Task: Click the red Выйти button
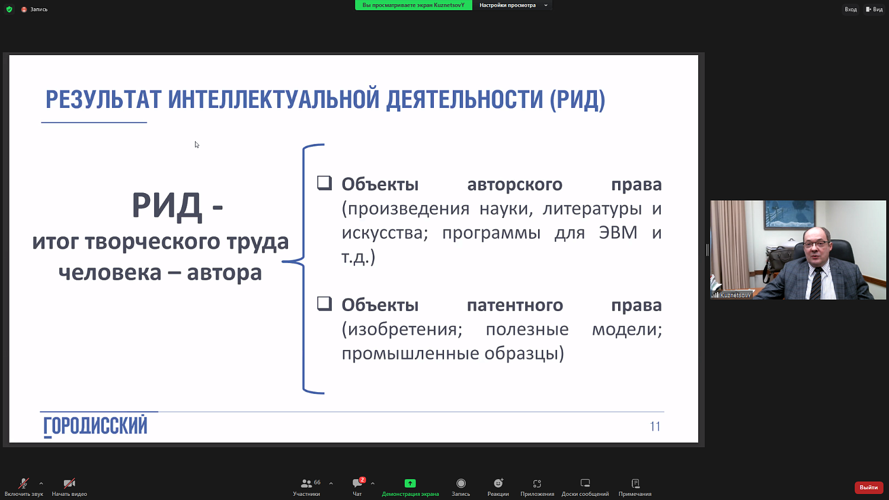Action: click(x=868, y=487)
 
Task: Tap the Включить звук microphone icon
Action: click(x=24, y=483)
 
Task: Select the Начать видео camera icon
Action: click(x=69, y=483)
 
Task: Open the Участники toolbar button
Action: click(x=306, y=483)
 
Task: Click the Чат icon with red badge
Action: click(x=357, y=483)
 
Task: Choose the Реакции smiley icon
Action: click(x=498, y=483)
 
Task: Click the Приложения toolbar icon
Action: click(x=537, y=483)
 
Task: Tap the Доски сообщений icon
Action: click(x=585, y=483)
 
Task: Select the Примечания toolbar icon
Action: click(x=635, y=483)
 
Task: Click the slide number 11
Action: click(x=655, y=427)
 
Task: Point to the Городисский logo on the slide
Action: click(x=95, y=426)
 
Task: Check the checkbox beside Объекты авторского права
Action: click(x=324, y=182)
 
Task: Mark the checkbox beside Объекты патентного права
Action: click(x=324, y=303)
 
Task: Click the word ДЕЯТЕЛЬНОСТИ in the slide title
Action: click(x=465, y=100)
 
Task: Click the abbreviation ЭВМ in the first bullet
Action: click(x=618, y=232)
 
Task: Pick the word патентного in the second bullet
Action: click(x=514, y=305)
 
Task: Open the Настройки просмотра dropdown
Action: click(x=512, y=5)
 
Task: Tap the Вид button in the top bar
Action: click(x=874, y=9)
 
